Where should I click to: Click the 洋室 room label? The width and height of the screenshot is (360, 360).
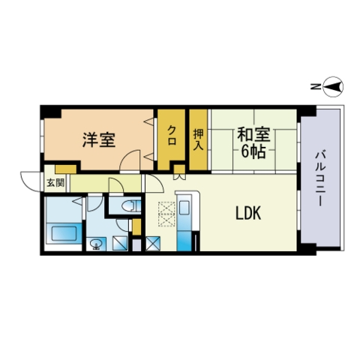pyautogui.click(x=99, y=139)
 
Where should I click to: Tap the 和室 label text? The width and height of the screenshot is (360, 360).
pyautogui.click(x=253, y=134)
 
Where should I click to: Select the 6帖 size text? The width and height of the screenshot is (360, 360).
pyautogui.click(x=253, y=151)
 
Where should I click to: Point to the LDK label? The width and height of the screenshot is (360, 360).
pyautogui.click(x=248, y=213)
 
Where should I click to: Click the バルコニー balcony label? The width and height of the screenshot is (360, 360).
pyautogui.click(x=319, y=178)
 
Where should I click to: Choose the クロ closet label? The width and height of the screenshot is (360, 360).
pyautogui.click(x=172, y=135)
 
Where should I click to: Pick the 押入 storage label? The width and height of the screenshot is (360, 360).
pyautogui.click(x=198, y=140)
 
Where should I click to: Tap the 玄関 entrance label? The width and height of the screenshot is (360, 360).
pyautogui.click(x=55, y=183)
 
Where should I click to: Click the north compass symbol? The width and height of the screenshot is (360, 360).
pyautogui.click(x=333, y=87)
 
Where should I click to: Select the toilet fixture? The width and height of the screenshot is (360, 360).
pyautogui.click(x=130, y=205)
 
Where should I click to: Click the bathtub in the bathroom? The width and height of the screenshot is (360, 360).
pyautogui.click(x=64, y=233)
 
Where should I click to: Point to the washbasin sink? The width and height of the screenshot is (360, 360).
pyautogui.click(x=96, y=244)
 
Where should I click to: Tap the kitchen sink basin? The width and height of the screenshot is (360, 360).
pyautogui.click(x=184, y=208)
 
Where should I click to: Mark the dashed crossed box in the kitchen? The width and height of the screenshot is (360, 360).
pyautogui.click(x=166, y=214)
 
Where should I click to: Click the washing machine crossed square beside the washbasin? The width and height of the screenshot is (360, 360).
pyautogui.click(x=120, y=244)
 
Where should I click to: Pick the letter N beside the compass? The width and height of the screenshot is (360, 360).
pyautogui.click(x=316, y=87)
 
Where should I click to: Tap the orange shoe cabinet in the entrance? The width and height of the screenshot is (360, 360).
pyautogui.click(x=66, y=169)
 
